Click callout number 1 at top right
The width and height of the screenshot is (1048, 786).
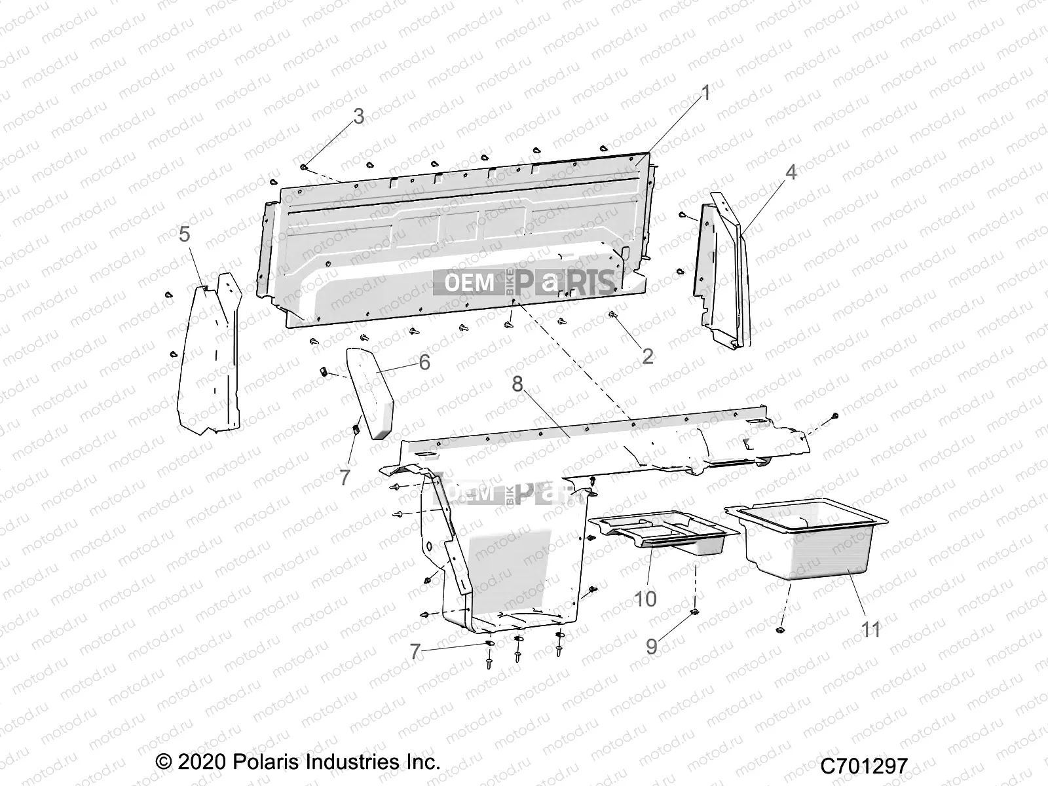tap(705, 93)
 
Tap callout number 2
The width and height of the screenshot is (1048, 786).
tap(648, 356)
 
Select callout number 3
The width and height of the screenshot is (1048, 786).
tap(358, 116)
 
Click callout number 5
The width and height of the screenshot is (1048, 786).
tap(185, 234)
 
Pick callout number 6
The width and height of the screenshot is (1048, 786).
tap(424, 362)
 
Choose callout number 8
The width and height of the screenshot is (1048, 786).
tap(517, 384)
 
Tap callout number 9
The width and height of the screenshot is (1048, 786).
tap(652, 646)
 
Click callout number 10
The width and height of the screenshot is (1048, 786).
tap(646, 598)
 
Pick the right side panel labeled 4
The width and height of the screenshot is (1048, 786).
tap(720, 275)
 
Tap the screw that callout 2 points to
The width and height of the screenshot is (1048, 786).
tap(612, 315)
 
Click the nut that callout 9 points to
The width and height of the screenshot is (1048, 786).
tap(695, 612)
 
